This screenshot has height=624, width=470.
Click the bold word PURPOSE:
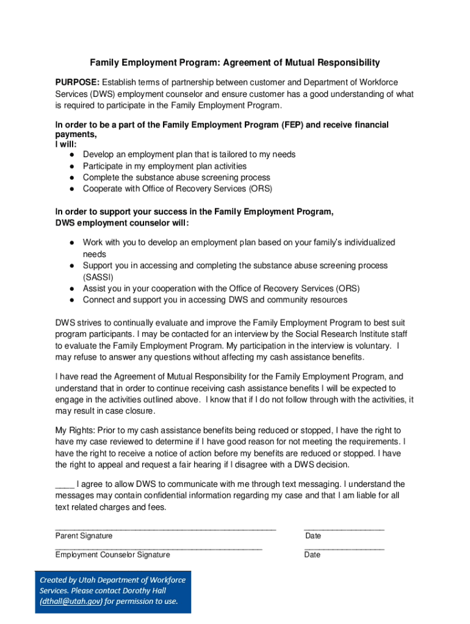pos(78,82)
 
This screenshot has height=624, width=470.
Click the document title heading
pos(235,62)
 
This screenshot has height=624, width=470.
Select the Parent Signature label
pos(84,536)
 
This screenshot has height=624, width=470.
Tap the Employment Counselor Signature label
pos(112,555)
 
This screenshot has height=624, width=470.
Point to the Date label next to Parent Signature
pos(313,536)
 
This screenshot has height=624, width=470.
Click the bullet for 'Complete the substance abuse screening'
pos(71,177)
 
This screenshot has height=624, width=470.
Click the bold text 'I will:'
pos(66,145)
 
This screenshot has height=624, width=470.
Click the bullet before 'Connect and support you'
pos(71,300)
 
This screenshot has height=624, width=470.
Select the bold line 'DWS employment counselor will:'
pos(122,223)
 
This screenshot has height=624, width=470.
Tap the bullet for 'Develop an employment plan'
pos(71,155)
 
